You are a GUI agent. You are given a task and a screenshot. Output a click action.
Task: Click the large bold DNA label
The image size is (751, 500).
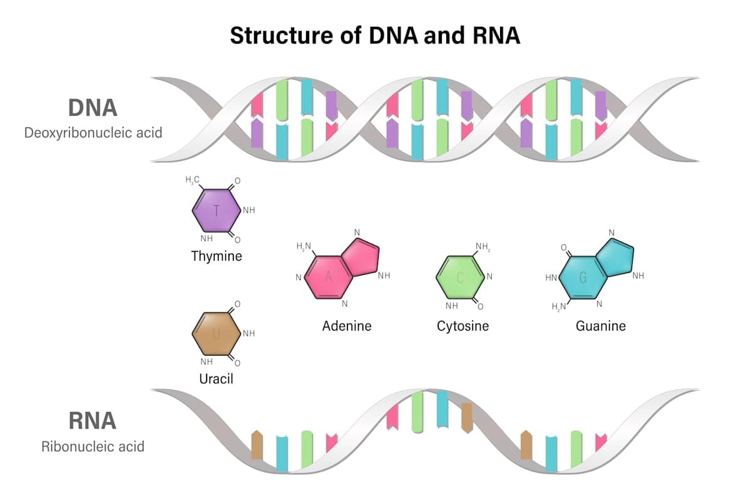click(93, 107)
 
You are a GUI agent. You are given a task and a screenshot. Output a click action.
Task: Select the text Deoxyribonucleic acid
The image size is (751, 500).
click(93, 133)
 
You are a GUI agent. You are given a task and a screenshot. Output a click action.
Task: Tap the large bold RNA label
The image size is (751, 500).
click(93, 421)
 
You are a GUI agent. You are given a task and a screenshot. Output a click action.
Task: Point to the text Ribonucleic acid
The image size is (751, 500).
click(93, 447)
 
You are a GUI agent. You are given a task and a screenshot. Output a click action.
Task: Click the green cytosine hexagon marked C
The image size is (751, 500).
click(460, 277)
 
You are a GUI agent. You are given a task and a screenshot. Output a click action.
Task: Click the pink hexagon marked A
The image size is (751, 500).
click(328, 277)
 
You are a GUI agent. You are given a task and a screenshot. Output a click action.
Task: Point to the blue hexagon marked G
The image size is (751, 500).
click(583, 277)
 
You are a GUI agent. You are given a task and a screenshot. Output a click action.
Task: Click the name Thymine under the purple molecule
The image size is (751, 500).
click(217, 256)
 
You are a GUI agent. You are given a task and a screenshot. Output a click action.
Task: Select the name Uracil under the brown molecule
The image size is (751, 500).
click(216, 379)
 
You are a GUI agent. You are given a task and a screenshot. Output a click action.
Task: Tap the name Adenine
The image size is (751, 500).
click(347, 326)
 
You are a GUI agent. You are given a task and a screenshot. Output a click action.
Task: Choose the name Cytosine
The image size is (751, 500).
click(462, 326)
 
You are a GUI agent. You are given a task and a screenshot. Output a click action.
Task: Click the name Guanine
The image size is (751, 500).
click(601, 326)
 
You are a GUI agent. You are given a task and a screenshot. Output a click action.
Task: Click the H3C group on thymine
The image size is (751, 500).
click(193, 181)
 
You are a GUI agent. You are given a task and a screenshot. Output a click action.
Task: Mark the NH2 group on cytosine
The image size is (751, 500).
click(483, 247)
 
